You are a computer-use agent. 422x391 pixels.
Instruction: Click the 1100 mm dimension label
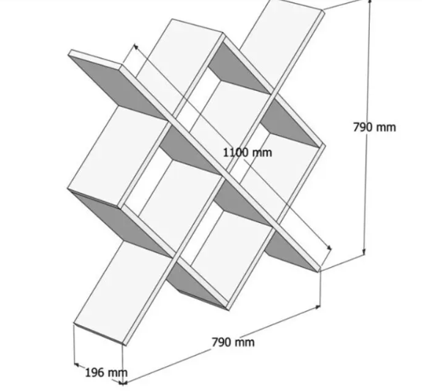click(247, 153)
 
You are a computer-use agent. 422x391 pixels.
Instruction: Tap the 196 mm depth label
click(106, 373)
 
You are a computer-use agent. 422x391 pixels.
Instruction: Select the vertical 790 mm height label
click(374, 127)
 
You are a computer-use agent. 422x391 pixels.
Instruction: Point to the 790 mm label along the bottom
click(233, 343)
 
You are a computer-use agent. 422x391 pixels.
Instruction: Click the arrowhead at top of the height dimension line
click(370, 1)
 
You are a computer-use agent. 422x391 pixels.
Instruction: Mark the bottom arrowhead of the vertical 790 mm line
click(364, 252)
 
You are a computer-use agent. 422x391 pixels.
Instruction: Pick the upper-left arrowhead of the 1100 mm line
click(137, 47)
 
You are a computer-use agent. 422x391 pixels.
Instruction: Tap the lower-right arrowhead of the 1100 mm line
click(329, 247)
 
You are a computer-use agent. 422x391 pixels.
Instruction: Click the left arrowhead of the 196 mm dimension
click(76, 365)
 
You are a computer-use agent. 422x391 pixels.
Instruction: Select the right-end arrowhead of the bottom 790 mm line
click(318, 306)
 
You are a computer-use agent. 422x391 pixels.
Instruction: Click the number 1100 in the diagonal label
click(236, 153)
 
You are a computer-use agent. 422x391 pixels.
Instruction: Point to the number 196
click(95, 373)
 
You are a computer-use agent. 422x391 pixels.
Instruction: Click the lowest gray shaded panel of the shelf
click(196, 285)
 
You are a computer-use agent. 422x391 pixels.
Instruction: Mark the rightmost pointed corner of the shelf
click(324, 146)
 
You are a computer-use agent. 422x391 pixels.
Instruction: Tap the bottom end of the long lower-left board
click(100, 333)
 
